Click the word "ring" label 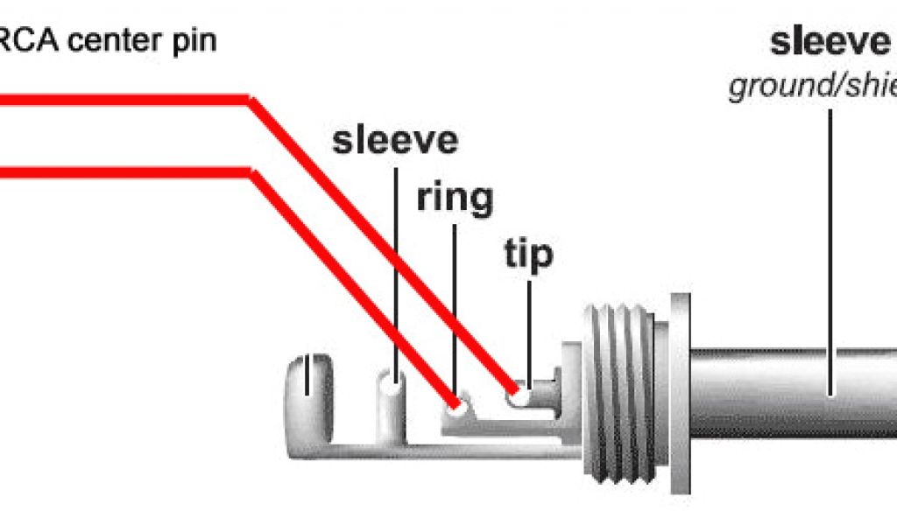[x=454, y=199]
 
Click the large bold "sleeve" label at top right [x=829, y=42]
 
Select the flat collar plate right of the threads [x=680, y=394]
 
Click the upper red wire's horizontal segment [x=123, y=101]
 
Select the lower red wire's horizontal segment [x=123, y=171]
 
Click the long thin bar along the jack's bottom [x=438, y=451]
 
